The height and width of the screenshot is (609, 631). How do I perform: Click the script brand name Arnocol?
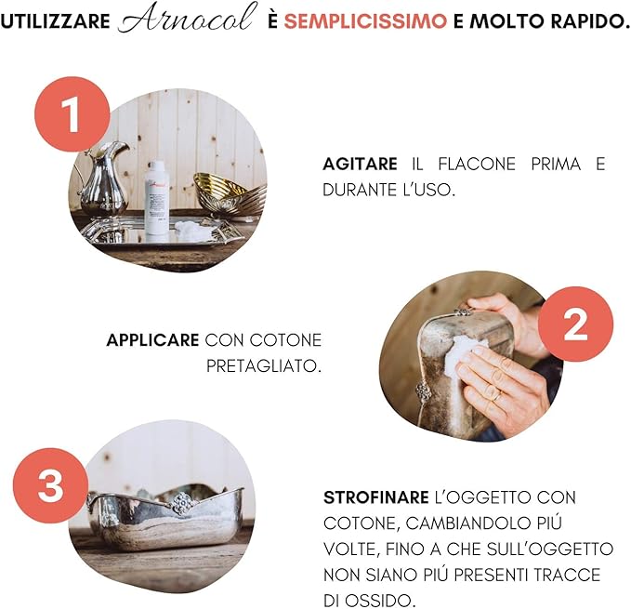pyautogui.click(x=188, y=18)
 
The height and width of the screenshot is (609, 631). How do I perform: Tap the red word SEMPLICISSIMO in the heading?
pyautogui.click(x=365, y=21)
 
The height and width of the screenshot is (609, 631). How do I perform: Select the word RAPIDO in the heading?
pyautogui.click(x=590, y=21)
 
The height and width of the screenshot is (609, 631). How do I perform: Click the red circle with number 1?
pyautogui.click(x=72, y=114)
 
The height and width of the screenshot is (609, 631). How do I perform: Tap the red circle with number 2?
pyautogui.click(x=575, y=324)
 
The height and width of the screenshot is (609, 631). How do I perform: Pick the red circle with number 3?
pyautogui.click(x=50, y=485)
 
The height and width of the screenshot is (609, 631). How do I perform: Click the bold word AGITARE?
pyautogui.click(x=361, y=165)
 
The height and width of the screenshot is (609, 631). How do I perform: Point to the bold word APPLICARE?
pyautogui.click(x=153, y=340)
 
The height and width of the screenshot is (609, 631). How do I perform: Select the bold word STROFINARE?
pyautogui.click(x=376, y=498)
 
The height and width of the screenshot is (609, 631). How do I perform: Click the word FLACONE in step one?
pyautogui.click(x=477, y=165)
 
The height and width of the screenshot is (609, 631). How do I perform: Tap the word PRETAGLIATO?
pyautogui.click(x=264, y=366)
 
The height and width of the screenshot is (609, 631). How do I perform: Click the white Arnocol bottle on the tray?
pyautogui.click(x=157, y=201)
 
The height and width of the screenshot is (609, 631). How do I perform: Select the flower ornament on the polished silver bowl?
pyautogui.click(x=181, y=503)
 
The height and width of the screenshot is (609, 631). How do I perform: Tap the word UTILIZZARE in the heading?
pyautogui.click(x=56, y=21)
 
